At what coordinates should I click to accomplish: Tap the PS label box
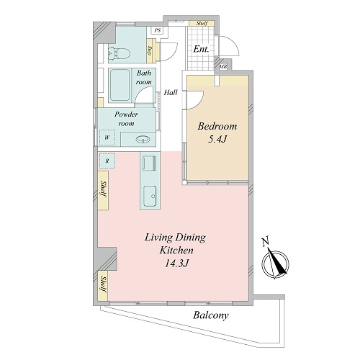coord(158,30)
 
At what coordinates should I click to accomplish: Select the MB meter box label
coord(223,67)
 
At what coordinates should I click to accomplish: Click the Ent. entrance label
coord(201,49)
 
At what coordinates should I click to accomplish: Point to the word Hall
coord(171,92)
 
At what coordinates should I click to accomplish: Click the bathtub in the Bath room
coord(120,85)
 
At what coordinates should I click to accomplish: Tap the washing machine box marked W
coord(107,138)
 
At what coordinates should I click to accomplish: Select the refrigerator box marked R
coord(107,161)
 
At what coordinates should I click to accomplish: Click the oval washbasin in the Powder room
coord(143,139)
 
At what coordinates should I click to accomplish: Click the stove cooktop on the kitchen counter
coord(149,163)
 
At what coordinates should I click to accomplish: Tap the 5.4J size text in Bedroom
coord(217,139)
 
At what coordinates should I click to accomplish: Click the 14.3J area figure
coord(176,264)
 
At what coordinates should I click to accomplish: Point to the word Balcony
coord(211,315)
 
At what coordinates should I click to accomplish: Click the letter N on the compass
coord(265,242)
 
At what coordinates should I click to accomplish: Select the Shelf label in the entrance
coord(202,23)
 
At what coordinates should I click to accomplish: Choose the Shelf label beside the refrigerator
coord(104,189)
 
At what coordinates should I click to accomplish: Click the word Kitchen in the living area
coord(176,251)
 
